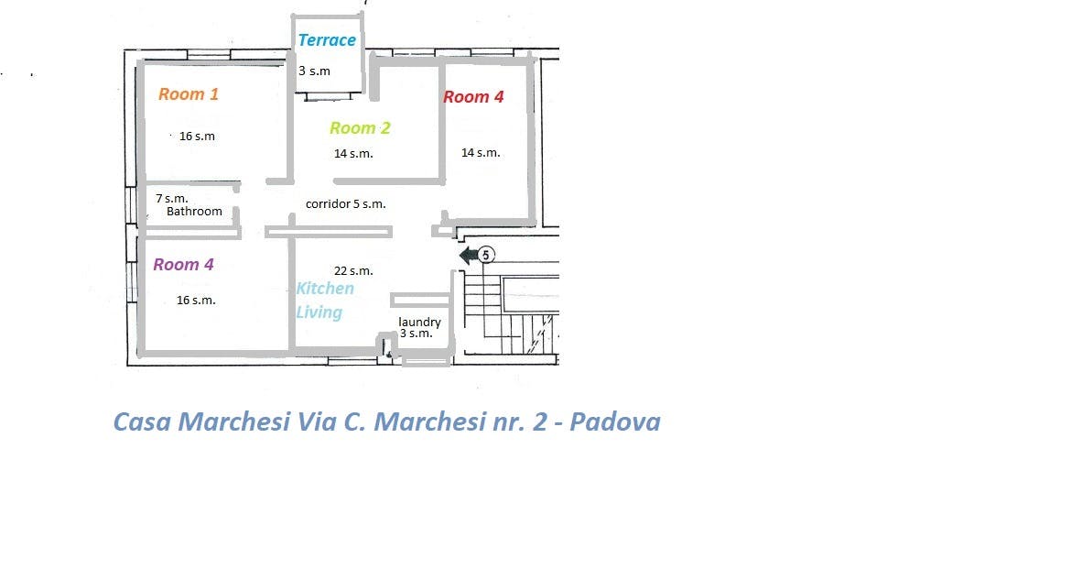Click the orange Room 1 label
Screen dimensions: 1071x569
click(x=189, y=94)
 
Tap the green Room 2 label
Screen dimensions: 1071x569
click(x=360, y=128)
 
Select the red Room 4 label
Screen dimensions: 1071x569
click(x=473, y=97)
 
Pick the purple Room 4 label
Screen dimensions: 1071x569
click(x=183, y=265)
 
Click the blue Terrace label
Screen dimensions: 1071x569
click(x=327, y=40)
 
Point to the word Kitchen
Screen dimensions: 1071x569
click(x=325, y=289)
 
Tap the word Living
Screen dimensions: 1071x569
click(x=319, y=312)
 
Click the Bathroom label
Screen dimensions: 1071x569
click(x=194, y=212)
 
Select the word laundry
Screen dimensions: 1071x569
click(x=419, y=323)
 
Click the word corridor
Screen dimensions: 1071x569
click(x=328, y=203)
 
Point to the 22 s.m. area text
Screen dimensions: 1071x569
click(x=353, y=271)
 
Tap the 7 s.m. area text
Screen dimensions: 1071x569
click(x=171, y=198)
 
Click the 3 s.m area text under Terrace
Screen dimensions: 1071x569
click(x=314, y=71)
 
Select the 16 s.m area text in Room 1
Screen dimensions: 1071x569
click(x=197, y=137)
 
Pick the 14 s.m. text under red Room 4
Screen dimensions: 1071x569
click(x=481, y=152)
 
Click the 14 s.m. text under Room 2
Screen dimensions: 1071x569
click(x=353, y=154)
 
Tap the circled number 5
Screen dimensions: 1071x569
click(x=486, y=255)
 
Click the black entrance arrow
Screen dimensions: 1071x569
click(x=469, y=256)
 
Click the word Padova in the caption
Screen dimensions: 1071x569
click(x=615, y=421)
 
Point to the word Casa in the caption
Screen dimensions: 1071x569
click(x=141, y=421)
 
